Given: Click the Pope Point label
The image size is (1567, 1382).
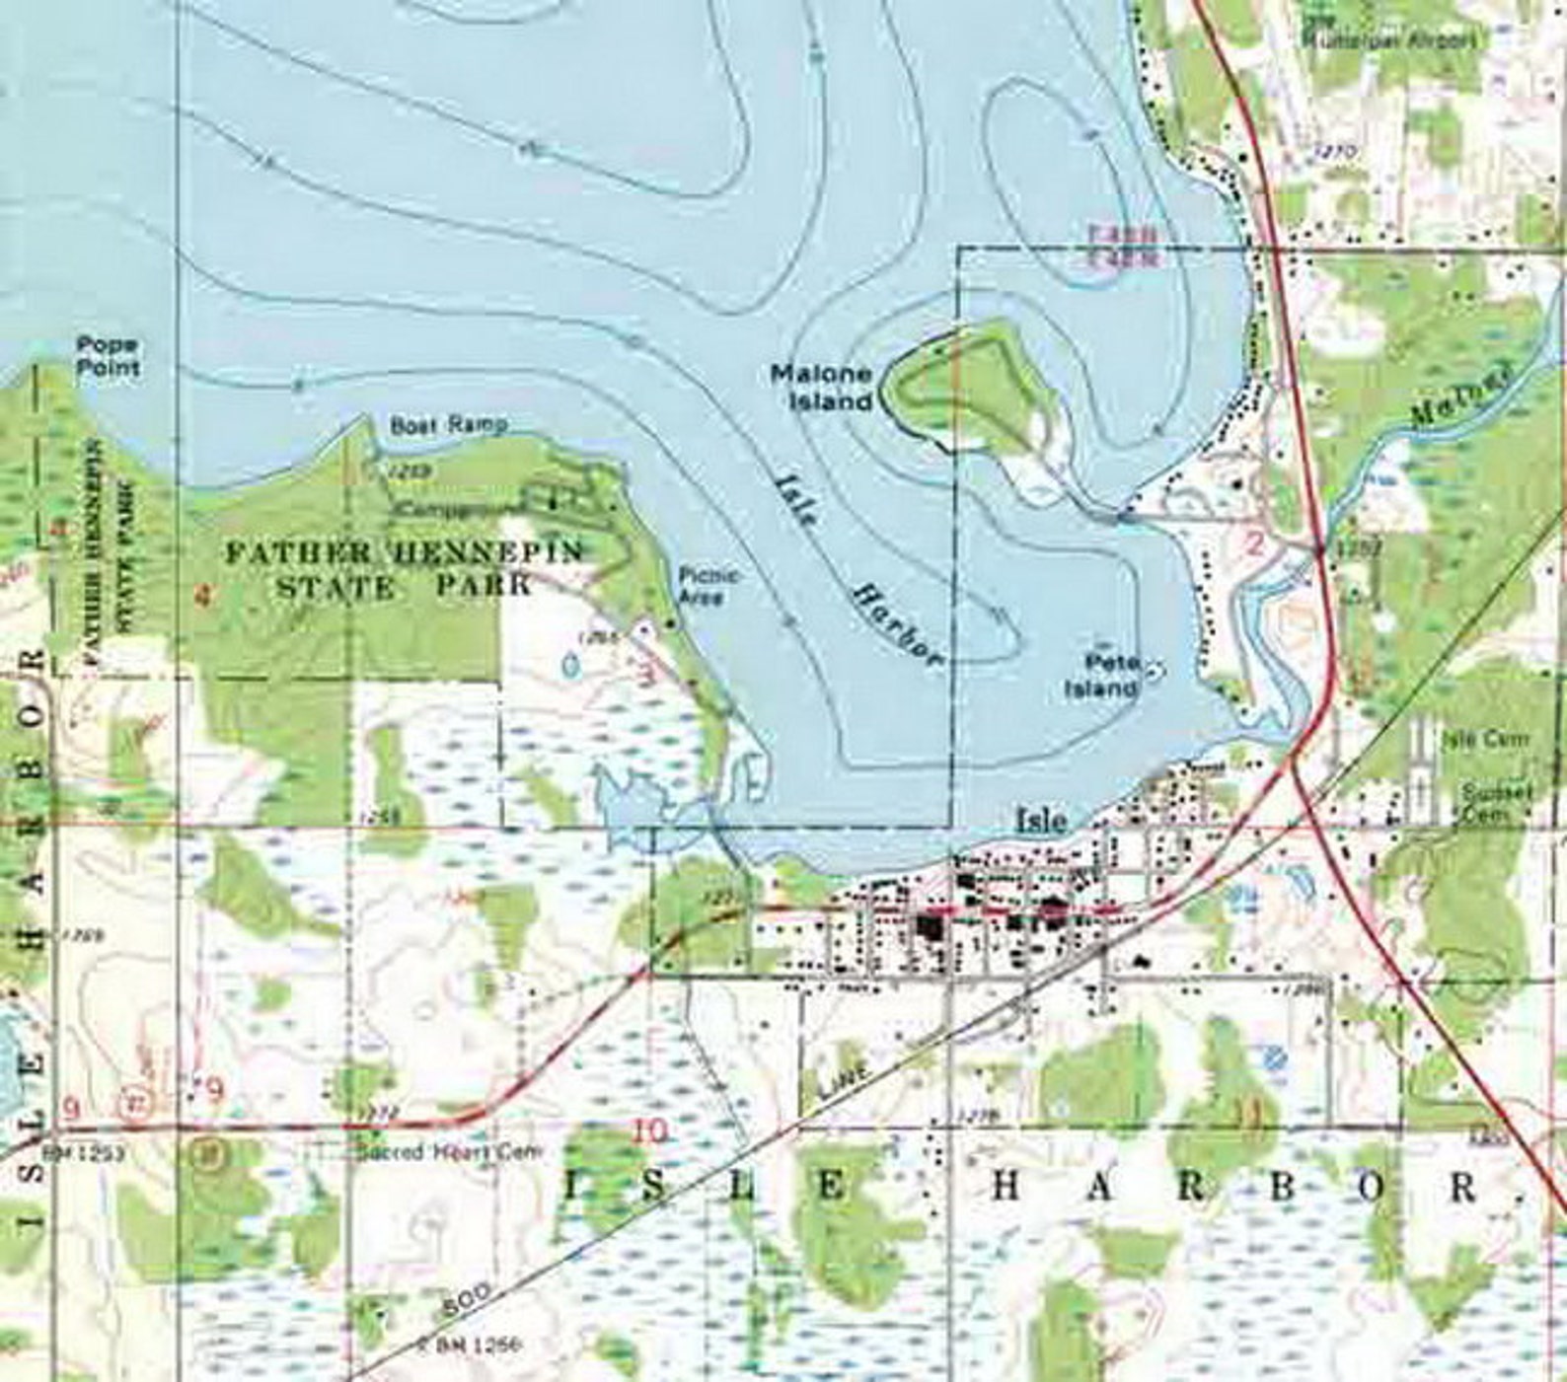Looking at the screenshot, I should click(x=109, y=357).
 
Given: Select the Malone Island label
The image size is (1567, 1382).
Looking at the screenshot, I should click(x=821, y=388).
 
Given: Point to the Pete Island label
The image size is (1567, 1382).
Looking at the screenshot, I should click(x=1102, y=676).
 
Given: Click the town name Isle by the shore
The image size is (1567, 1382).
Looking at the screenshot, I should click(x=1042, y=821).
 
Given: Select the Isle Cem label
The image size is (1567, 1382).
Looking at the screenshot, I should click(x=1486, y=739).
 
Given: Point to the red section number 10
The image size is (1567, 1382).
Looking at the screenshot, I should click(x=651, y=1130).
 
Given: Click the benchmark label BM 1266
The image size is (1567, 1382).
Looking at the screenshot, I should click(x=471, y=1344).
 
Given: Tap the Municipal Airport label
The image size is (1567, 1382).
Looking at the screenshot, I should click(x=1391, y=41).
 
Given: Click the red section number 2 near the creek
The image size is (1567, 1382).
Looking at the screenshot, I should click(x=1255, y=544).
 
